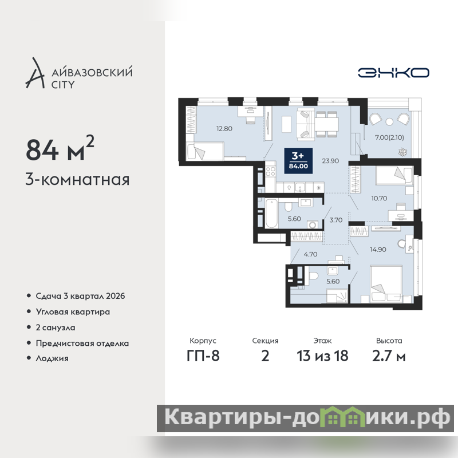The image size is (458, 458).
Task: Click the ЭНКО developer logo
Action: pos(393,73)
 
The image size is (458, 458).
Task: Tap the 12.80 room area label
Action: pos(224,128)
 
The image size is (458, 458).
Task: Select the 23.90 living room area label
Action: pos(330,161)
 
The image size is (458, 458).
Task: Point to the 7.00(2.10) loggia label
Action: pos(389,137)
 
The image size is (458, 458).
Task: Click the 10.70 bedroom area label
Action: pos(379,198)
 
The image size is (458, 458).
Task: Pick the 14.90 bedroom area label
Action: pos(378,250)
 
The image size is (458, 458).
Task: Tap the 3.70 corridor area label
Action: pos(336,220)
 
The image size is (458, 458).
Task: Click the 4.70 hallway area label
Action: pos(310,254)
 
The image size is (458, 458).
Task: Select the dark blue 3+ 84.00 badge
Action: pos(298,161)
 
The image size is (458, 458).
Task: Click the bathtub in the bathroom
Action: pos(271,213)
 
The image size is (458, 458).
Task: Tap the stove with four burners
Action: pos(270,171)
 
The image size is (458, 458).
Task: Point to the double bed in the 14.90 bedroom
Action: pos(386,284)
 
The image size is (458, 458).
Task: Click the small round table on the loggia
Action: pos(389,121)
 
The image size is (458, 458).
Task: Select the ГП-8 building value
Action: pos(203,356)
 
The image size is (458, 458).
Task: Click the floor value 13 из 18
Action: pos(322,356)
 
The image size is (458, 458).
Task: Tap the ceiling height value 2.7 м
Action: pos(389,356)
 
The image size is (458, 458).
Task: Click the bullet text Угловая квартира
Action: pos(73,312)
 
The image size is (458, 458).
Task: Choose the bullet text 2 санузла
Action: pos(56,327)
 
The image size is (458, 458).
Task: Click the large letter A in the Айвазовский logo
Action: pos(35,73)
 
